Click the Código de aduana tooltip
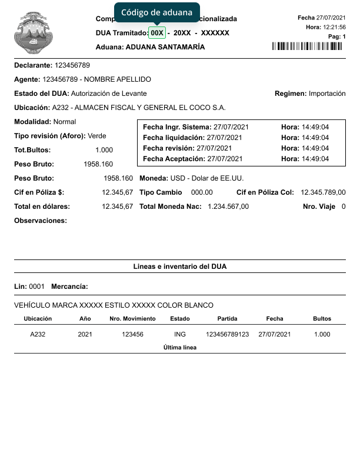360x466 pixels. tap(156, 12)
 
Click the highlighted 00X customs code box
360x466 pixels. tap(157, 33)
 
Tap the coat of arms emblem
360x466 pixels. tap(33, 33)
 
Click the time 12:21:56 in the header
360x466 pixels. tap(334, 27)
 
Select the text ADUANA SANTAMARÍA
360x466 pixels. tap(165, 47)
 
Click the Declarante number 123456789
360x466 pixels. tap(72, 65)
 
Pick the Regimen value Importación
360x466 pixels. tap(327, 94)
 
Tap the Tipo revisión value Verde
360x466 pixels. tap(97, 136)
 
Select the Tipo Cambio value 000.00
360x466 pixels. tap(202, 192)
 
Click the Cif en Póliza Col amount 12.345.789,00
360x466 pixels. tap(323, 192)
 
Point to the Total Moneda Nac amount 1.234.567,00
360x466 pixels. tap(228, 207)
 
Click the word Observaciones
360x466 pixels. tap(41, 221)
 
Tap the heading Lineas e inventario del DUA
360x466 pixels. tap(180, 267)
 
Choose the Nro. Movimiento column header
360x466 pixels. tap(132, 318)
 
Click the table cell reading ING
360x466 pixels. tap(180, 334)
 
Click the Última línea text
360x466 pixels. tap(180, 347)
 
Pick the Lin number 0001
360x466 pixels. tap(37, 287)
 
